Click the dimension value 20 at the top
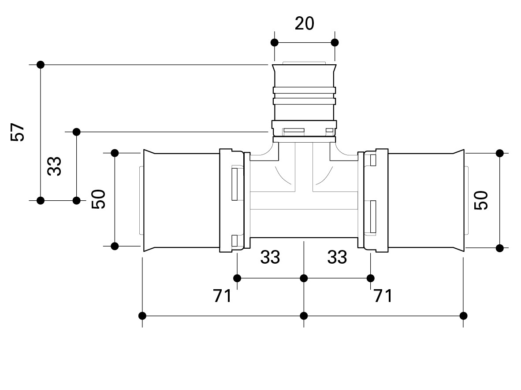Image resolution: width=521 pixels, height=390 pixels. [305, 24]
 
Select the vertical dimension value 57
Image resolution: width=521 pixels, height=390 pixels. [18, 132]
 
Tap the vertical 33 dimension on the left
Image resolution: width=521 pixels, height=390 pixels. [54, 166]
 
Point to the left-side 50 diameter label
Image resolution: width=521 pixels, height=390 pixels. [98, 199]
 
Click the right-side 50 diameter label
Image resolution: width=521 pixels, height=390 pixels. [481, 200]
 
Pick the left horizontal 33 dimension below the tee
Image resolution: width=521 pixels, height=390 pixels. [270, 257]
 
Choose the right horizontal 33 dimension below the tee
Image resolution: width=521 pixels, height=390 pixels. [337, 257]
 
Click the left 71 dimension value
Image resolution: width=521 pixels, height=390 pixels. [222, 295]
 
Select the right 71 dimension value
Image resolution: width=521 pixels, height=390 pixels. [383, 295]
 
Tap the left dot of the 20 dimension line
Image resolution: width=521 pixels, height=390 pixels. [275, 43]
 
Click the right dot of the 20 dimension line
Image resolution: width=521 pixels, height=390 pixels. [335, 43]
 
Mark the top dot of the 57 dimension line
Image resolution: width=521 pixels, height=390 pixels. [41, 65]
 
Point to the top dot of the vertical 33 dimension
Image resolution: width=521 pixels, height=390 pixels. [76, 132]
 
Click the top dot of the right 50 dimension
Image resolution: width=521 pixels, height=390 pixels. [500, 153]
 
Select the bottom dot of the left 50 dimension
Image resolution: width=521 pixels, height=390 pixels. [115, 246]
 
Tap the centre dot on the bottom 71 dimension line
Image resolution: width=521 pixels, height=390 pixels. [304, 316]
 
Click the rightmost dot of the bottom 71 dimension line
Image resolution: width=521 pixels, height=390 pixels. [463, 316]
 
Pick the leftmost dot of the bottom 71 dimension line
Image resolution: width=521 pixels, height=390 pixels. [142, 316]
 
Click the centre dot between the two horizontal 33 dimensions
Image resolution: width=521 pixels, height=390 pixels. [304, 278]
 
